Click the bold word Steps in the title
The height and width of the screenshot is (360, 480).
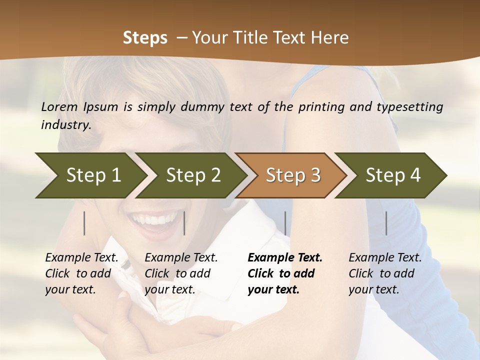pos(145,38)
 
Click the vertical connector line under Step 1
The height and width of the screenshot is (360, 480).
pos(84,223)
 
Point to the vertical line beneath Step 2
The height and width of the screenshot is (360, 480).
pos(184,223)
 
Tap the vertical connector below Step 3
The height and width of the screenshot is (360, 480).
pos(285,223)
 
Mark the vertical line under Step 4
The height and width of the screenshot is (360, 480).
pos(386,223)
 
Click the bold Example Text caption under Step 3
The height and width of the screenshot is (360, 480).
pos(284,273)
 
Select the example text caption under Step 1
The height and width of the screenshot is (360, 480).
pos(81,273)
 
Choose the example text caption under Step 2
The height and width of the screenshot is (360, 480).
pos(181,273)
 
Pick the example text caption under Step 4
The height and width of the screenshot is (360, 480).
pos(385,273)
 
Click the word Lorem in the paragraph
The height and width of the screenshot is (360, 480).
pos(59,106)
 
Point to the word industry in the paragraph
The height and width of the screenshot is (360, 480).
pos(65,125)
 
